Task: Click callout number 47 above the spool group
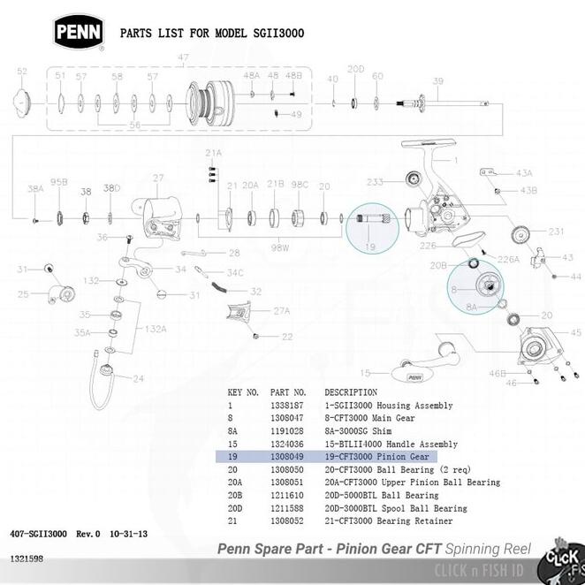(184, 57)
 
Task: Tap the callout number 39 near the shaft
(437, 81)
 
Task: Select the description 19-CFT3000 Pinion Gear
(376, 456)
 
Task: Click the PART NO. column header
(288, 391)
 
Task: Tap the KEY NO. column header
(243, 391)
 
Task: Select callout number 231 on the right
(556, 232)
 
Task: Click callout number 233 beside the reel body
(376, 181)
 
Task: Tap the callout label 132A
(156, 328)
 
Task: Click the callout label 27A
(281, 311)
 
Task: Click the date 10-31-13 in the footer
(130, 535)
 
